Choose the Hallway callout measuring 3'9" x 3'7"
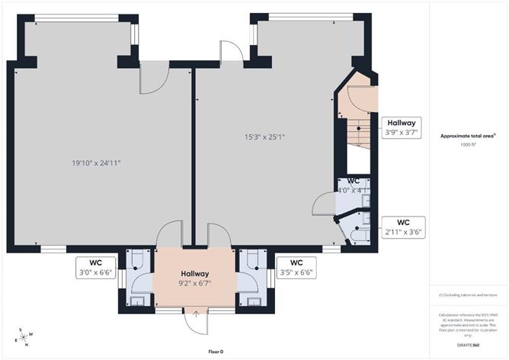401,127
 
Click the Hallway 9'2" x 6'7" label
194,279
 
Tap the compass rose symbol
26,336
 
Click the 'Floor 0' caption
216,352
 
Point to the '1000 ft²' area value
468,144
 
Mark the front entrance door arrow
196,312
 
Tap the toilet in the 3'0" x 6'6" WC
135,262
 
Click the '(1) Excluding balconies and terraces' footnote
468,294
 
